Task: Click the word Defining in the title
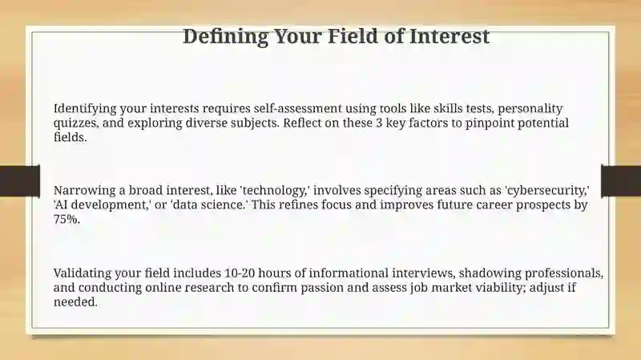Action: click(x=225, y=37)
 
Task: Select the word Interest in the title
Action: click(x=450, y=36)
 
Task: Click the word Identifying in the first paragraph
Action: click(x=85, y=109)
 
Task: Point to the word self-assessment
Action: click(x=297, y=108)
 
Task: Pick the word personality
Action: click(x=530, y=109)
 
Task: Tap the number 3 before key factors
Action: click(x=379, y=123)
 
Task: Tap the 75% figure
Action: click(x=67, y=219)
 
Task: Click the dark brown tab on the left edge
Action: click(x=20, y=181)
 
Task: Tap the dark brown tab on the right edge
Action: click(x=621, y=181)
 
